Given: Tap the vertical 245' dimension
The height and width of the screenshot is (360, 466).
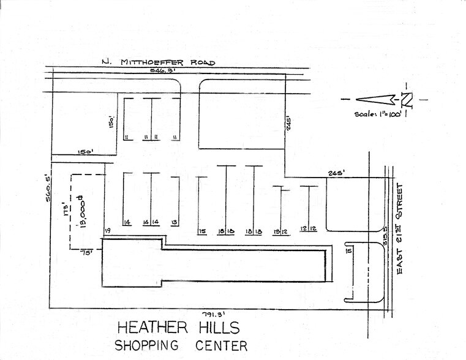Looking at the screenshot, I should coord(288,126).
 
